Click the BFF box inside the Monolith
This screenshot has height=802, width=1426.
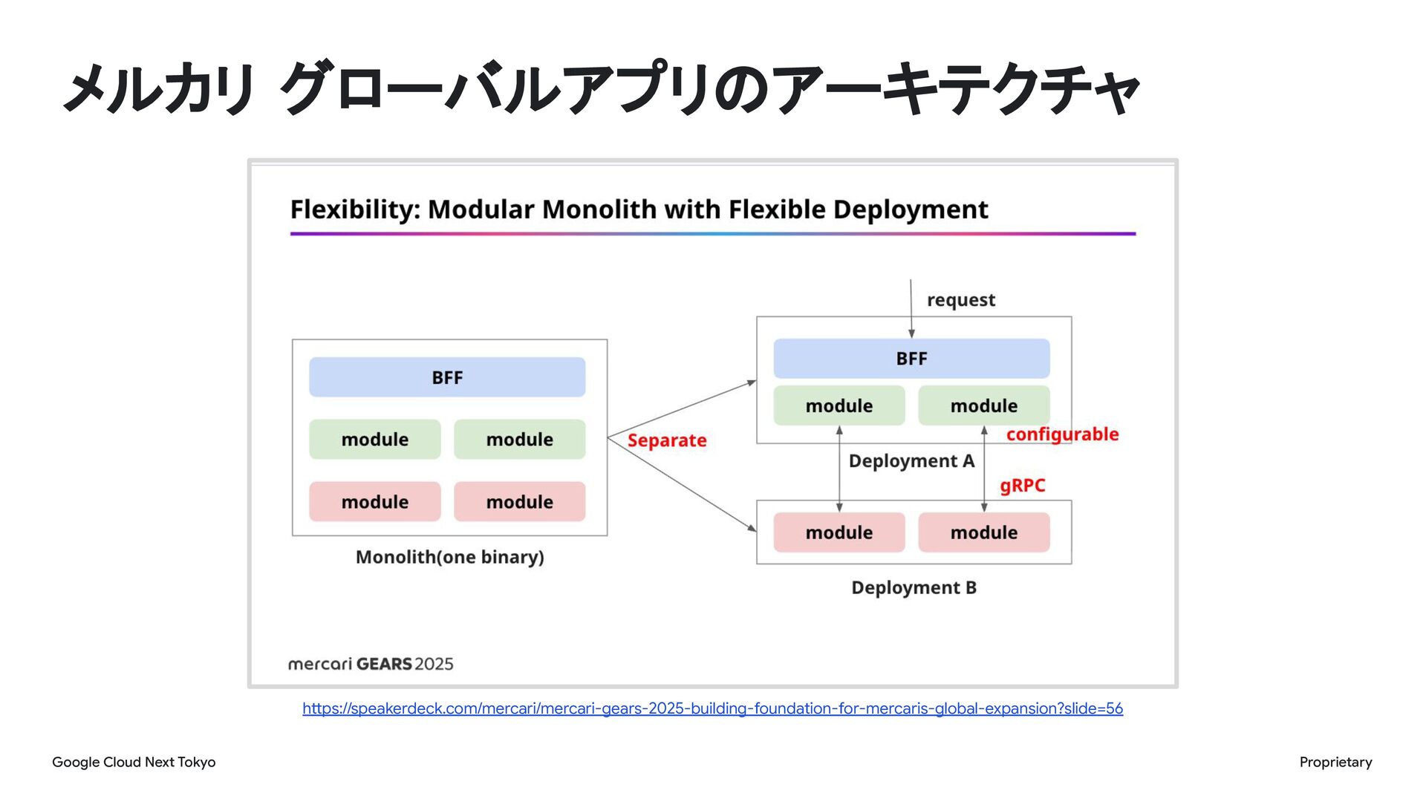(x=447, y=377)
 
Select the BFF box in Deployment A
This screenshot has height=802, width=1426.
(x=911, y=359)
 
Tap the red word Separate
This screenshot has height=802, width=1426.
(x=667, y=440)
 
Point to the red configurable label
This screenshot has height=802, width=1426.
(x=1062, y=434)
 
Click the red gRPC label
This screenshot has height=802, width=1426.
(x=1022, y=486)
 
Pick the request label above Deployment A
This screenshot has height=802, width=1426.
(x=960, y=300)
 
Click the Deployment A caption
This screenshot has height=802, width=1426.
(x=911, y=461)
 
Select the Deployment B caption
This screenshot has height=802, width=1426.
(x=914, y=587)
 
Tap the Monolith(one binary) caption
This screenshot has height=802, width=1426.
(x=449, y=557)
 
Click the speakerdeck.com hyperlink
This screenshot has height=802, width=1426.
(x=712, y=708)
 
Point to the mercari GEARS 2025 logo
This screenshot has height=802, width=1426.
(x=371, y=664)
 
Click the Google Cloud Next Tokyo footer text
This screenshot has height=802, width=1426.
(x=134, y=762)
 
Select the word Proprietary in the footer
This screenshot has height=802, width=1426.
(x=1335, y=762)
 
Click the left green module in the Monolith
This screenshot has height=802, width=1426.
(x=375, y=440)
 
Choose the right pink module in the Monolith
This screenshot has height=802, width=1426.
(x=520, y=502)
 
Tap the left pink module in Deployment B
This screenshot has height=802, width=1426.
(x=839, y=532)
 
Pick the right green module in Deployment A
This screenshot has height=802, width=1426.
(x=984, y=406)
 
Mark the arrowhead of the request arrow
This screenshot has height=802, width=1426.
(x=911, y=334)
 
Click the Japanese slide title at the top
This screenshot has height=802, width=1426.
(x=602, y=89)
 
